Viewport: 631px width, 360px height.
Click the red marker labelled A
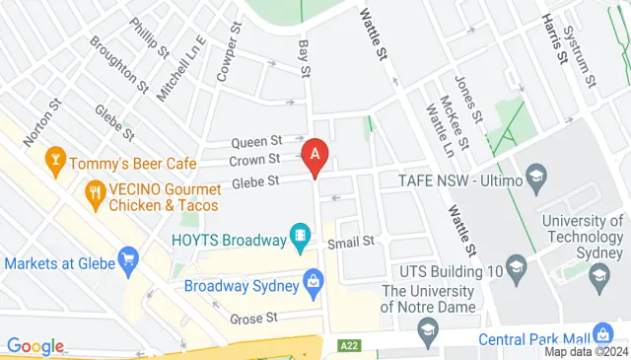315,156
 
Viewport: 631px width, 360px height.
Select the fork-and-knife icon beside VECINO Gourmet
96,192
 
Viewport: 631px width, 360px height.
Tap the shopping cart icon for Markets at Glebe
127,259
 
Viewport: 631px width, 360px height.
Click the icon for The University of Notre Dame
427,337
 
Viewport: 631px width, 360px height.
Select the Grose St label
255,318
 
